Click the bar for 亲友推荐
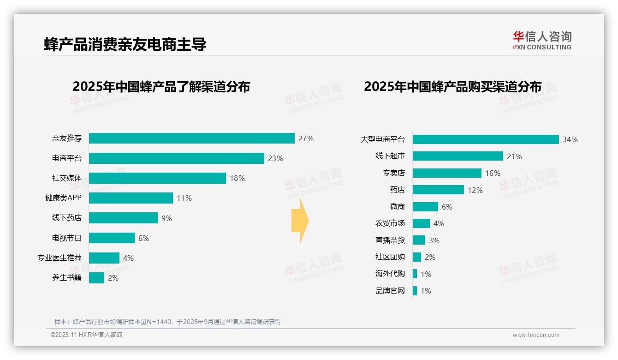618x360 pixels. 191,138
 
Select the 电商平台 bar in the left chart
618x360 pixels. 176,158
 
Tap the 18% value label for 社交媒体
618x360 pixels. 237,178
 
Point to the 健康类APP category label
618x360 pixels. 63,198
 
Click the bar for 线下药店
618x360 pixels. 123,218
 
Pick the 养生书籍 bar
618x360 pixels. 96,278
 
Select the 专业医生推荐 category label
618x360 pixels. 59,258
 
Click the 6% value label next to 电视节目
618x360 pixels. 143,238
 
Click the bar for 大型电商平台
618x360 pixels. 485,139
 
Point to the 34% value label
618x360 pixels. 570,139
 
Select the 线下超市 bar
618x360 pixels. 458,156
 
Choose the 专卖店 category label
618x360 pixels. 393,173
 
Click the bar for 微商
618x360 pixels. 425,207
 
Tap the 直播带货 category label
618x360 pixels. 390,240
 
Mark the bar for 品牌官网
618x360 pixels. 415,291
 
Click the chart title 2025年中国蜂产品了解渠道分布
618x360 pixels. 161,86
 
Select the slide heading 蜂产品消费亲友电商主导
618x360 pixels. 125,44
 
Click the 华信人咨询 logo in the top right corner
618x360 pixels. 542,40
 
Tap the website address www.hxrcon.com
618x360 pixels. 535,335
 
